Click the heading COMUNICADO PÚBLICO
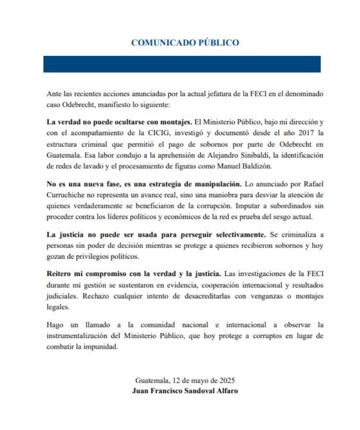(x=185, y=43)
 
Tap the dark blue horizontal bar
(x=182, y=64)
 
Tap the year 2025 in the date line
(x=226, y=380)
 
